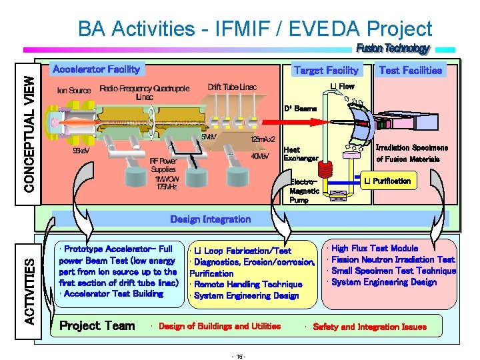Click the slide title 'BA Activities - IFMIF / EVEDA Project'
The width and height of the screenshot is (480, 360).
pyautogui.click(x=255, y=29)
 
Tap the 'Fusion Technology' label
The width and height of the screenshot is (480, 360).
pyautogui.click(x=393, y=49)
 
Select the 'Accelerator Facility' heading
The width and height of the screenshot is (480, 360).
pyautogui.click(x=96, y=69)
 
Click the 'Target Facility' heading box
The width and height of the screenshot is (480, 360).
pyautogui.click(x=326, y=70)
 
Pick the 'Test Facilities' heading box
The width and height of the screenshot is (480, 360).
pyautogui.click(x=410, y=70)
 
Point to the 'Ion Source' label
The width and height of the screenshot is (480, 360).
pyautogui.click(x=74, y=90)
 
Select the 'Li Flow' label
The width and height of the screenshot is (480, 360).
pyautogui.click(x=343, y=86)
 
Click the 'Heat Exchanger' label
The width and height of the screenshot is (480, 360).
pyautogui.click(x=301, y=153)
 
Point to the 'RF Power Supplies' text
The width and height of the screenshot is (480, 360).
pyautogui.click(x=163, y=165)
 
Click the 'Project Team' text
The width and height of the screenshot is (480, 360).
pyautogui.click(x=97, y=326)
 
